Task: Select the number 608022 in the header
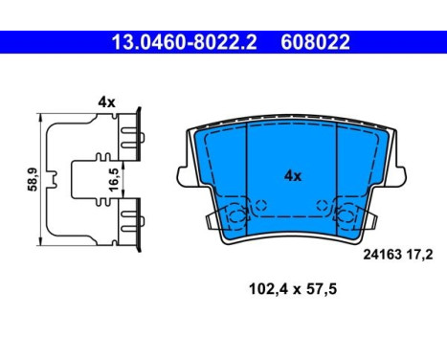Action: [315, 42]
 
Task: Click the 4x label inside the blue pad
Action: [292, 176]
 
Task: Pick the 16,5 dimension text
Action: [87, 178]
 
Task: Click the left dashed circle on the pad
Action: [257, 203]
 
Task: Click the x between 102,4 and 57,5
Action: [294, 288]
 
